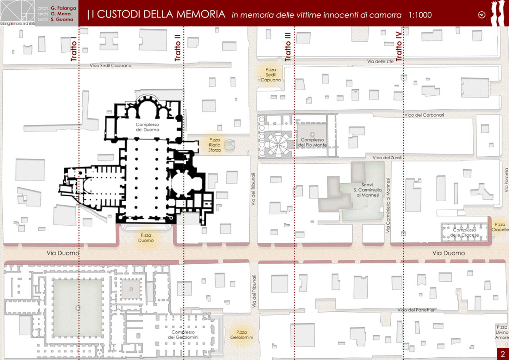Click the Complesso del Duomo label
[147, 127]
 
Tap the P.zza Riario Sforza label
[214, 145]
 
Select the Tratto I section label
[74, 51]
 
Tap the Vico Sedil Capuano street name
[111, 66]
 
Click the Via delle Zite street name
[381, 61]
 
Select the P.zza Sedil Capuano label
[271, 75]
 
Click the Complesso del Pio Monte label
[312, 142]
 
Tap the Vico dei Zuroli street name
[387, 158]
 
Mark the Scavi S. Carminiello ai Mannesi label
[368, 190]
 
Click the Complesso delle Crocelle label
[465, 232]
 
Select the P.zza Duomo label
[146, 238]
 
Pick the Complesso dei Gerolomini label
[183, 335]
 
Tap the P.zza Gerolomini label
[241, 335]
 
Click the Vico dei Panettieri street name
[416, 310]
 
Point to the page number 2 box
[503, 354]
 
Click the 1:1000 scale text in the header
[420, 15]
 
